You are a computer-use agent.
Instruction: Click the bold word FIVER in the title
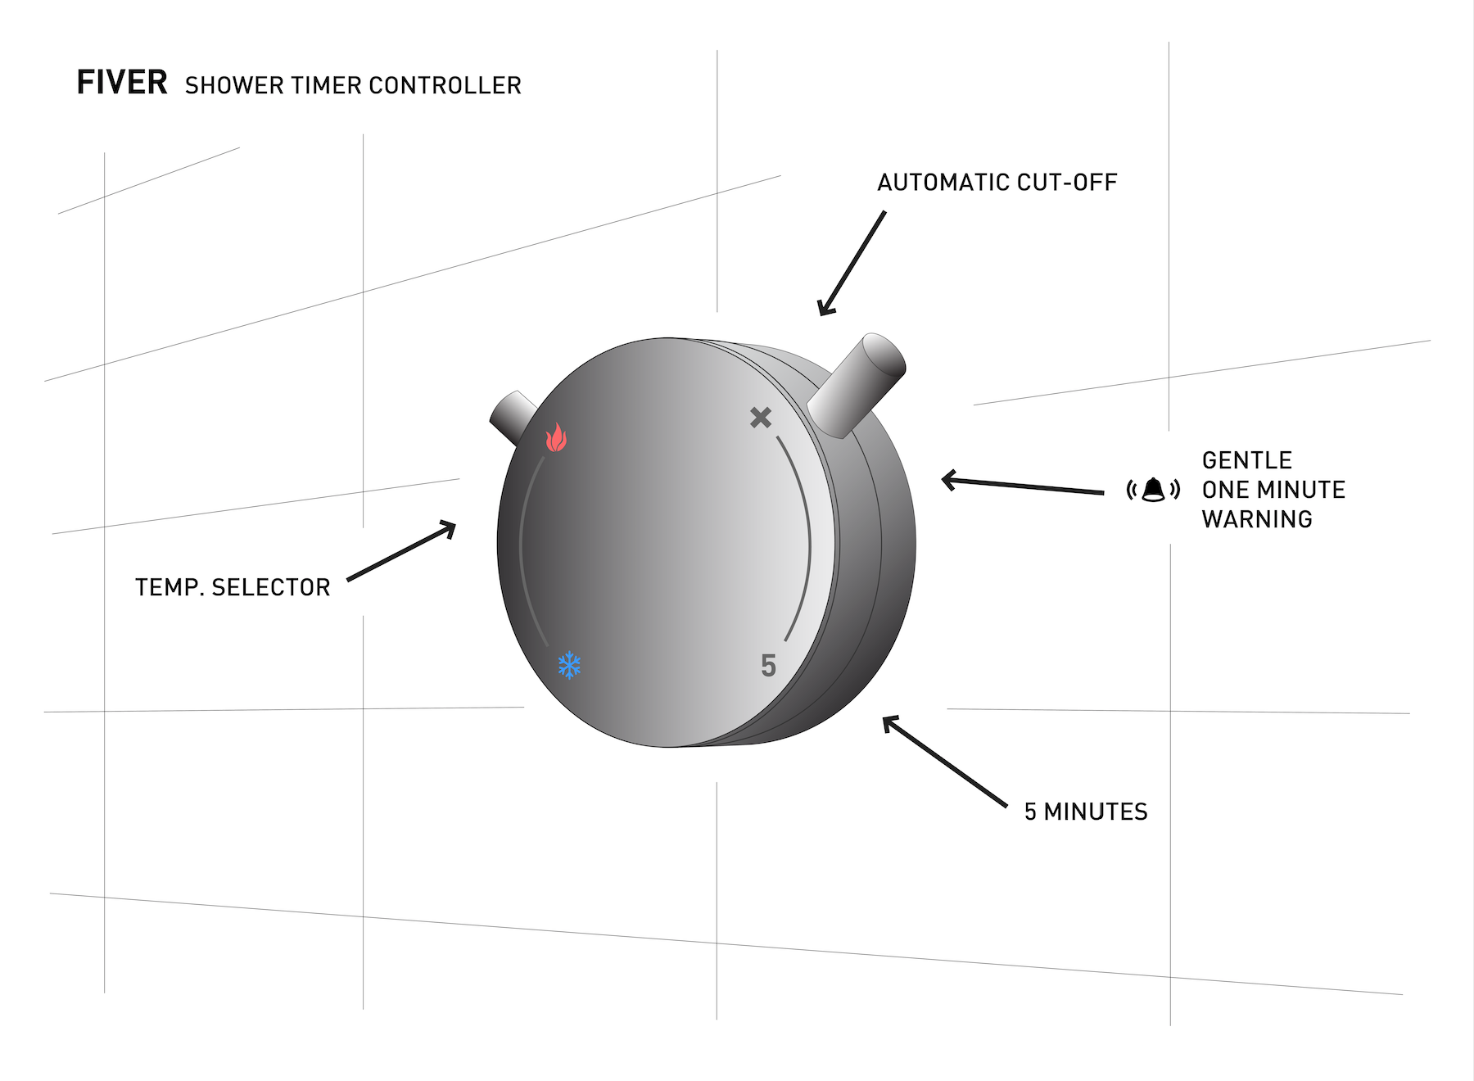[122, 83]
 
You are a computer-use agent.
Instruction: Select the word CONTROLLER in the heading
[445, 85]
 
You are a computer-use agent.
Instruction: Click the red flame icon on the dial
[557, 437]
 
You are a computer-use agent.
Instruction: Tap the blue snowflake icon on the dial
[569, 665]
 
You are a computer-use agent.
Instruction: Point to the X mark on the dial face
[761, 418]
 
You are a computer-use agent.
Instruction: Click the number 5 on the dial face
[768, 666]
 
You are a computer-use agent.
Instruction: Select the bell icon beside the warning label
[1153, 490]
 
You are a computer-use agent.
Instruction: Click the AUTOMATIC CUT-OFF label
[997, 182]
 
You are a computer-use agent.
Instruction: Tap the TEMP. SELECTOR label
[233, 587]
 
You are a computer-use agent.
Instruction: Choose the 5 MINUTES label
[1086, 812]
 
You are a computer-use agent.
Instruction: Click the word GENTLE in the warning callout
[1246, 460]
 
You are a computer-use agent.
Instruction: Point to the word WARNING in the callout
[1257, 519]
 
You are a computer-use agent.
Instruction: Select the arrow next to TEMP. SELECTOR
[401, 551]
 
